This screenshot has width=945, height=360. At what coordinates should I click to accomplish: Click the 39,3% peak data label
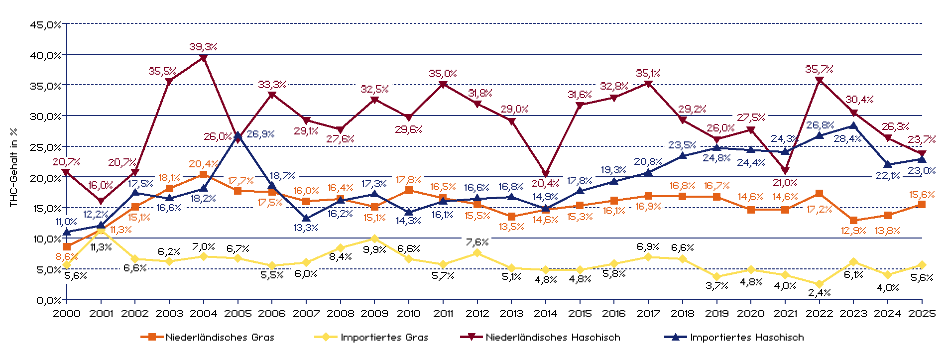click(x=203, y=47)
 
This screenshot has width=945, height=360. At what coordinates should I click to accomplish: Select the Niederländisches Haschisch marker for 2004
click(x=203, y=58)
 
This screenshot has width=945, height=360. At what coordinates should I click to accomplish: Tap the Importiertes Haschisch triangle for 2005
click(x=237, y=135)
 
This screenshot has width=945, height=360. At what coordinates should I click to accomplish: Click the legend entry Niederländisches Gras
click(x=220, y=337)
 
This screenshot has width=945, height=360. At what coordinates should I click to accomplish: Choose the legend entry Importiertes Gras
click(x=384, y=337)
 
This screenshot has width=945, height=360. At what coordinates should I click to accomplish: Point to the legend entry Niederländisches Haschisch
click(x=553, y=337)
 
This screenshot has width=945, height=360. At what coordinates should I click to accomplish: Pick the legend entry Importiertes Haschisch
click(x=746, y=337)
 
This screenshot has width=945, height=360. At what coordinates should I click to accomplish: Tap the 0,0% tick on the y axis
click(x=48, y=300)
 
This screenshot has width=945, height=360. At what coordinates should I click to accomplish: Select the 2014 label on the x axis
click(x=546, y=314)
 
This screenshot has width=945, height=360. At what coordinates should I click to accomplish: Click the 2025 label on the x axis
click(x=922, y=314)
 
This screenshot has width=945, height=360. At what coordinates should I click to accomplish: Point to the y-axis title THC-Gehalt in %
click(x=13, y=167)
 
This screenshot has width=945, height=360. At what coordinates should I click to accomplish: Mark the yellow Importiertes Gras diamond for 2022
click(x=819, y=284)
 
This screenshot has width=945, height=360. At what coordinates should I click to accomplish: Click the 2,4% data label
click(x=819, y=293)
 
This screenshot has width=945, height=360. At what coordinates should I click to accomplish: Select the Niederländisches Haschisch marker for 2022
click(x=819, y=81)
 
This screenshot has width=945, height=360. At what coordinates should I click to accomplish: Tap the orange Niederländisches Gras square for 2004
click(x=203, y=175)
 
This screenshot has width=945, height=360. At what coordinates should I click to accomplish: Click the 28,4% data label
click(x=847, y=139)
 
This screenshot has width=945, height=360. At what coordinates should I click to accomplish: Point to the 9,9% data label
click(x=374, y=249)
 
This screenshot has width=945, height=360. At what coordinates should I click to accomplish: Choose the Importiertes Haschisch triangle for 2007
click(x=306, y=218)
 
